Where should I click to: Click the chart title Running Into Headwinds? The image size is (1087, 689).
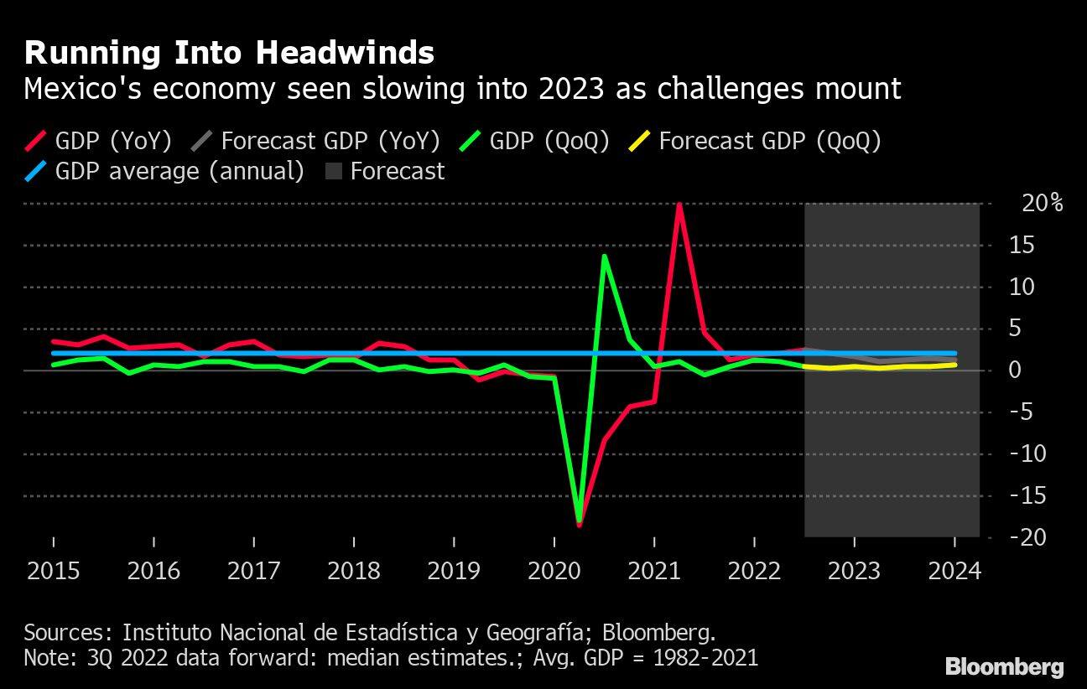(229, 53)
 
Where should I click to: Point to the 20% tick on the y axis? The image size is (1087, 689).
(1041, 204)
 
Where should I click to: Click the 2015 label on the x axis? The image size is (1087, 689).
(53, 571)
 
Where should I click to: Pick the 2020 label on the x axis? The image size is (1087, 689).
(554, 571)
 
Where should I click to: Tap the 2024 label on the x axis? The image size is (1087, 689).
(954, 571)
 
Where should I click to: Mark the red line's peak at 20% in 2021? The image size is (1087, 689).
(679, 205)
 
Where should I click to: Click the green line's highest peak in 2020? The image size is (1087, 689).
(604, 256)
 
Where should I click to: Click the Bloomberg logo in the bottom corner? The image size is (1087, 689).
(1004, 667)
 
